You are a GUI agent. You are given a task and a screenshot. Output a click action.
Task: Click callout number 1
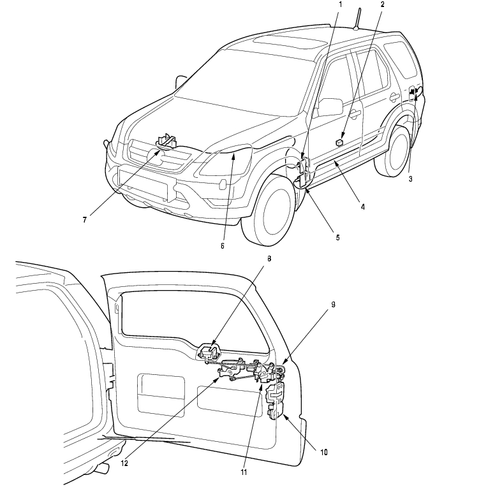340,4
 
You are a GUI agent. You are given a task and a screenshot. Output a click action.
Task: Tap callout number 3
410,179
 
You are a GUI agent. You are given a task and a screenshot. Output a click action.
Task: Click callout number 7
84,219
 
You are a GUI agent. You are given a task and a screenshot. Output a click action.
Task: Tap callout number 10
324,452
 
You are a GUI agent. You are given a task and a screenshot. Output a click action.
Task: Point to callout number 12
125,463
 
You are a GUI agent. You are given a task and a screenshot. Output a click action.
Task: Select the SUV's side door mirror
330,106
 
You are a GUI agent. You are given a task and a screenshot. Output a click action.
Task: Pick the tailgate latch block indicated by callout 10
276,401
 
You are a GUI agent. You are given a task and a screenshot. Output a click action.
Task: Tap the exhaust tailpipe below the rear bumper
101,469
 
